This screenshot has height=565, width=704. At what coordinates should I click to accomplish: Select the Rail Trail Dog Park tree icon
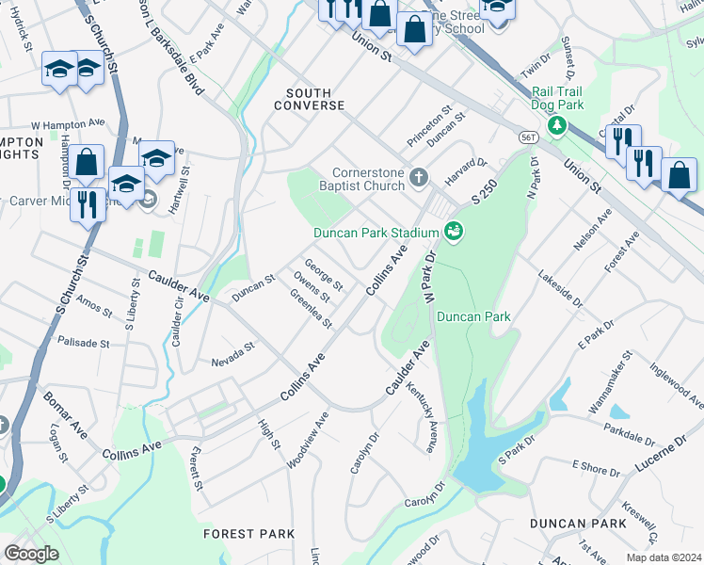tap(557, 124)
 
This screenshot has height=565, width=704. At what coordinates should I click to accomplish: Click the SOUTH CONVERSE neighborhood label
tap(310, 99)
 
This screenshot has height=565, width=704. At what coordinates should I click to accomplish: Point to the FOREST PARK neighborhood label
tap(243, 534)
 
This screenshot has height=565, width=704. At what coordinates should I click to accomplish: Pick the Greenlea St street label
tap(312, 308)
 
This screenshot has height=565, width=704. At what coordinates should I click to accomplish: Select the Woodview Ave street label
tap(308, 439)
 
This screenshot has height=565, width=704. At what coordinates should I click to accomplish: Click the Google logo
tap(32, 553)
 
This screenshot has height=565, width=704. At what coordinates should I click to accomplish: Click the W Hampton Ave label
tap(67, 123)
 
